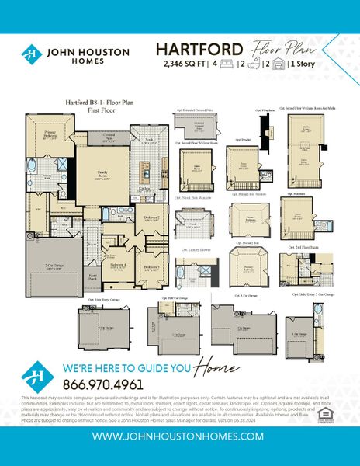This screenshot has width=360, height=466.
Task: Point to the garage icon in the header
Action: pos(278,64)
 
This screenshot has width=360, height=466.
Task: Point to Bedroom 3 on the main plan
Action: pos(152,268)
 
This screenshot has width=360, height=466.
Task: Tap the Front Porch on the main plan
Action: pos(92,277)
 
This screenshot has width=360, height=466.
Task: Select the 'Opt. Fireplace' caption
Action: pos(266,110)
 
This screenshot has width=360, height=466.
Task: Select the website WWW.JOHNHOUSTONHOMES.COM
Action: pos(179,436)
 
